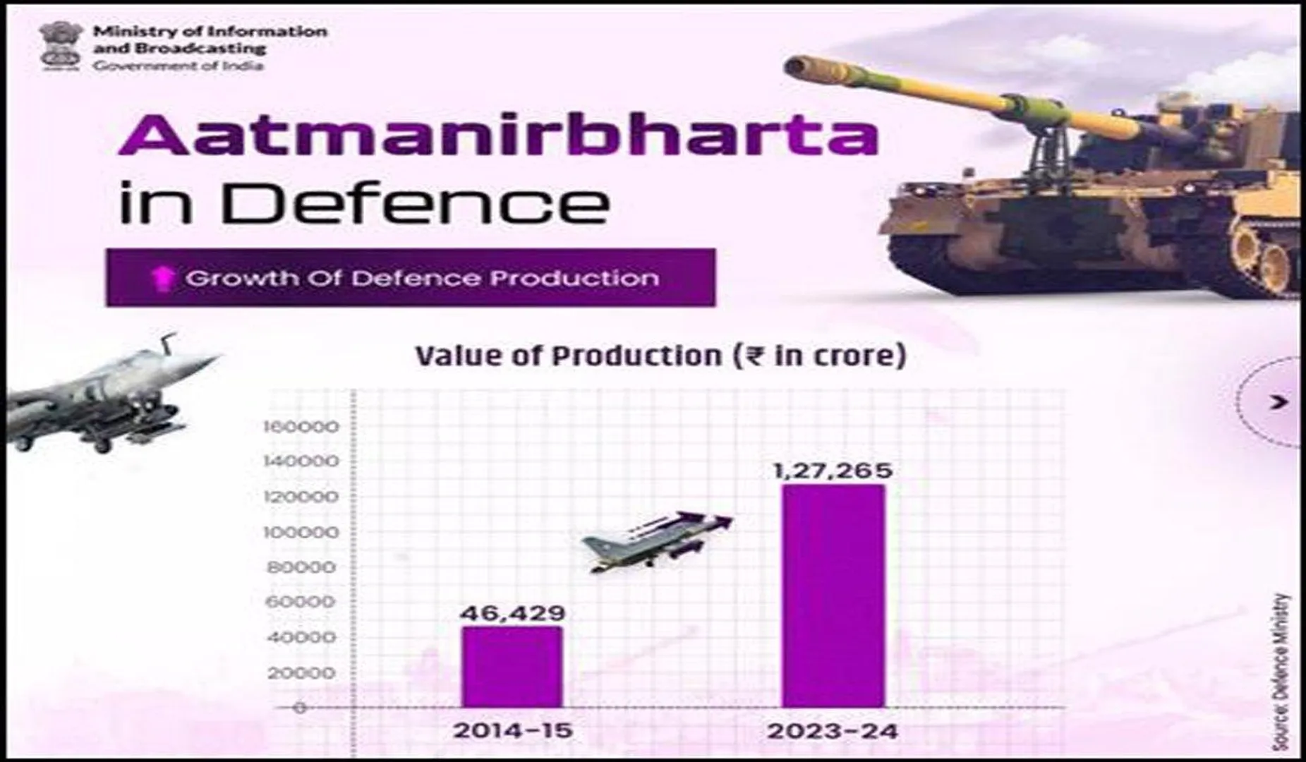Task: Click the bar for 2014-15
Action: click(512, 667)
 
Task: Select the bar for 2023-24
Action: click(833, 596)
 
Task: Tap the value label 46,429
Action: click(512, 612)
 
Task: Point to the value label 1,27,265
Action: click(833, 471)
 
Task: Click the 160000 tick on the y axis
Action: click(301, 427)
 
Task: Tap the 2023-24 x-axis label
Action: click(833, 731)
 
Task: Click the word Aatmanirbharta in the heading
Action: click(498, 135)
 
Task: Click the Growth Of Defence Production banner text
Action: click(422, 278)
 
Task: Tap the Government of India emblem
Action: click(61, 46)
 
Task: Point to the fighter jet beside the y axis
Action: click(106, 395)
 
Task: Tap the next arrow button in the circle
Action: click(1278, 402)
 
